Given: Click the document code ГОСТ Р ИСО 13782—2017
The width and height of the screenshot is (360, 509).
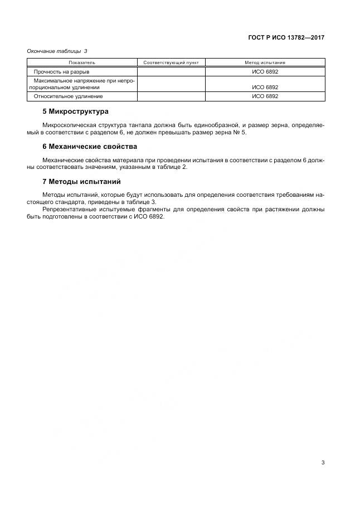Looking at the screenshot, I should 286,38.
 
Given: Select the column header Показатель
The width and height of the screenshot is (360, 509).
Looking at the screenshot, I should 82,62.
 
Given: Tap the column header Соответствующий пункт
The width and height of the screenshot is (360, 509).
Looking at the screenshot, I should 171,62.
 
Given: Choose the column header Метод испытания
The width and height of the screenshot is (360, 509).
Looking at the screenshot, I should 265,62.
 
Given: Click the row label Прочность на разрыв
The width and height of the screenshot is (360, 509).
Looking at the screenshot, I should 61,72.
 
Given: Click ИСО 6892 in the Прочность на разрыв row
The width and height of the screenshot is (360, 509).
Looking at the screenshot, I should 265,72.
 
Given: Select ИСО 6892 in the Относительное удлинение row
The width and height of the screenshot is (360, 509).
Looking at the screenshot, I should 265,96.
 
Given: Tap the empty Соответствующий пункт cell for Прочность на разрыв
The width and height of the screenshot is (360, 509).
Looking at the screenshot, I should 171,72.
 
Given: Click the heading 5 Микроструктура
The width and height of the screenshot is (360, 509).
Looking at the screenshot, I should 75,112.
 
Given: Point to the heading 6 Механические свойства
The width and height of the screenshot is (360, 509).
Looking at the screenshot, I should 89,147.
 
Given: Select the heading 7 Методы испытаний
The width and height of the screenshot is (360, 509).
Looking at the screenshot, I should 81,182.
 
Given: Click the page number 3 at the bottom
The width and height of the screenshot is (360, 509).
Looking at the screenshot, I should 323,462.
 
